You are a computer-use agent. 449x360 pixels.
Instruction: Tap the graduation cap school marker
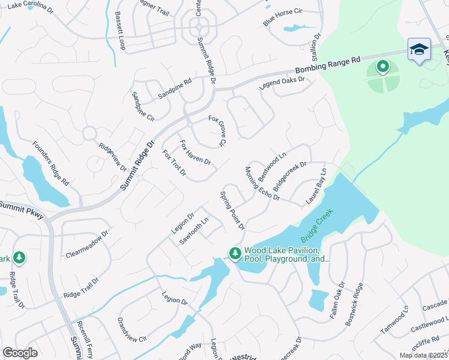418,49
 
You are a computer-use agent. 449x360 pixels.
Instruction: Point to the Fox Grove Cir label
217,130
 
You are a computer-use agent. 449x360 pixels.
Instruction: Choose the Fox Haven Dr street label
195,153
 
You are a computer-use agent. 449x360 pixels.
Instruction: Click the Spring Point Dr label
232,210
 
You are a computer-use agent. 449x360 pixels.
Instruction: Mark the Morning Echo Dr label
262,183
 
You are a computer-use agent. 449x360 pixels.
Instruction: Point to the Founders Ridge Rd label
50,163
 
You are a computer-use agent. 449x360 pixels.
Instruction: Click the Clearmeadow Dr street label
87,242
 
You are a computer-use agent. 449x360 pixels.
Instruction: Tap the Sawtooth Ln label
194,230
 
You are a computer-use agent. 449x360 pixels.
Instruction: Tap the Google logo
20,353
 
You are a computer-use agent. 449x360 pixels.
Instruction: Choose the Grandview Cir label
132,329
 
